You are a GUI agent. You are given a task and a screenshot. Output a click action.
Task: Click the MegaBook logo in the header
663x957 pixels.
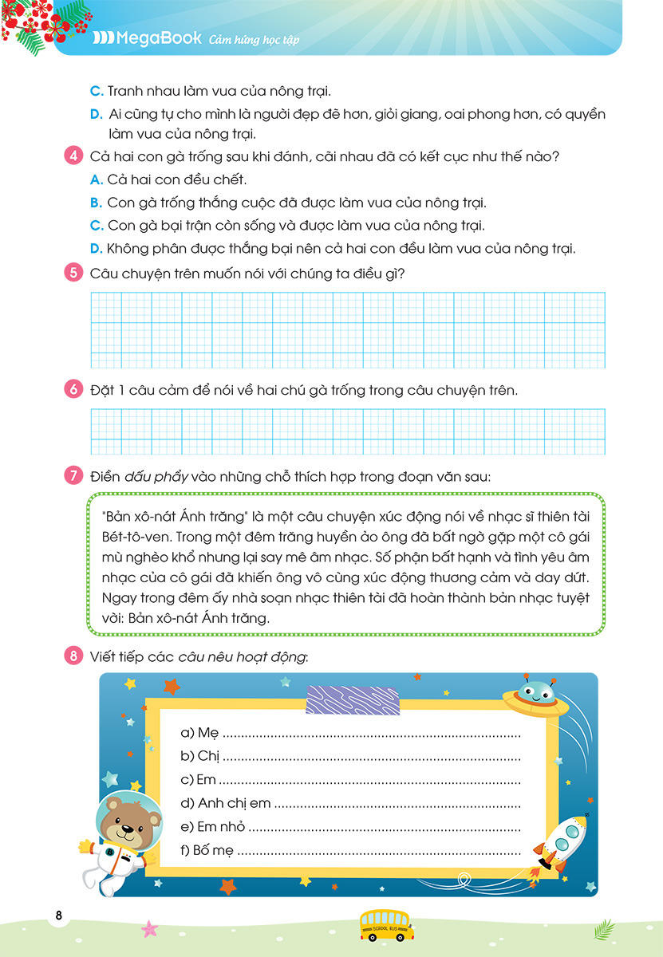pos(147,38)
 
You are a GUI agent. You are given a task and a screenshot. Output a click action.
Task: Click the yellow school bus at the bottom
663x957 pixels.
pos(386,925)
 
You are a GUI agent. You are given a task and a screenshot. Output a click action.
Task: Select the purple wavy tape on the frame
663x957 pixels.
pos(351,699)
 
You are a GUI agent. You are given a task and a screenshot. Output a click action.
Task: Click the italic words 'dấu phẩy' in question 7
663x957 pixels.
pos(156,477)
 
